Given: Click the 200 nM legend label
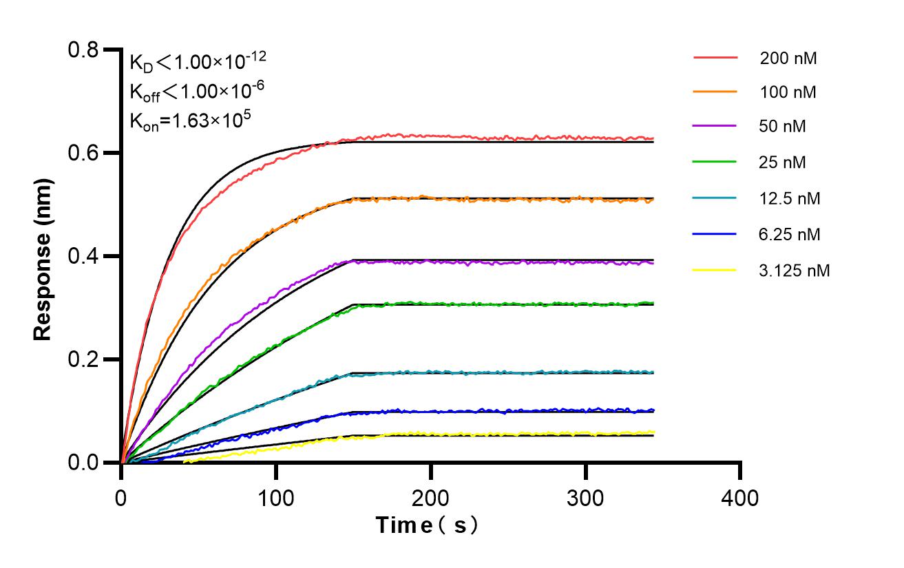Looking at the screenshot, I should (788, 58).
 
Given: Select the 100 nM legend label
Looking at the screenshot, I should (788, 92).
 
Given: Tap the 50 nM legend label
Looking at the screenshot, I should (783, 127).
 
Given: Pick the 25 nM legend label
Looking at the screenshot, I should (783, 162).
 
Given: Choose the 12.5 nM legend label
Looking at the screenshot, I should (790, 199).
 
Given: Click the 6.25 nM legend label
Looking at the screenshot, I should (790, 235).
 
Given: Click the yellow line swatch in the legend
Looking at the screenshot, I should (715, 271).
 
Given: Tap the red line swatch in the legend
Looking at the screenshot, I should (715, 58).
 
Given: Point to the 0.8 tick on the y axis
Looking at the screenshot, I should (83, 50).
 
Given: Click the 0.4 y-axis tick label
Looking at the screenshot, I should (83, 256).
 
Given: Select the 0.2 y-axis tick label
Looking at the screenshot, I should (83, 359).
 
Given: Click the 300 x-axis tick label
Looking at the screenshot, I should (585, 497).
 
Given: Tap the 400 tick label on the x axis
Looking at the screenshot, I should (740, 497).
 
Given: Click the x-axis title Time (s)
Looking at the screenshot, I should (427, 525).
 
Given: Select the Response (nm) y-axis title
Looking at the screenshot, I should (43, 256).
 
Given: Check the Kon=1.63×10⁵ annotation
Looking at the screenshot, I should (189, 120).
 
